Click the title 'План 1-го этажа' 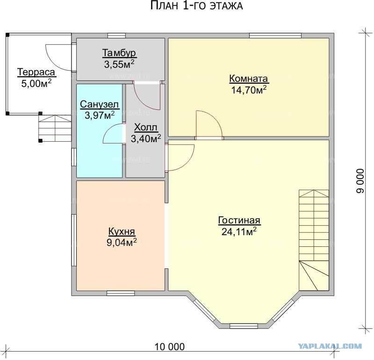[196, 6]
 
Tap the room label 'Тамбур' [119, 53]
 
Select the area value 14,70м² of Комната [249, 90]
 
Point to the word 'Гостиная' [239, 220]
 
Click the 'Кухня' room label [122, 231]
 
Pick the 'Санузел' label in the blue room [99, 104]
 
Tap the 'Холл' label [146, 127]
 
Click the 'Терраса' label [36, 72]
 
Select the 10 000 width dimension [170, 346]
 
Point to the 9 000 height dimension [360, 181]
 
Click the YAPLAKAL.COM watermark [330, 346]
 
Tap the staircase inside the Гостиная [314, 240]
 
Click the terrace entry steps [55, 129]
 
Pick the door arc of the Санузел [113, 134]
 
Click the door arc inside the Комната [209, 124]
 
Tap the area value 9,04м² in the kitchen [122, 242]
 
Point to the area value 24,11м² [239, 231]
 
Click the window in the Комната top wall [275, 36]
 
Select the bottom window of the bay [244, 326]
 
